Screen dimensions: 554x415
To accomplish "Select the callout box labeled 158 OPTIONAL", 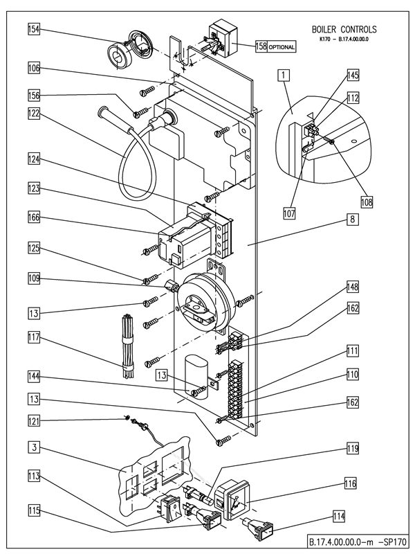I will point(274,47).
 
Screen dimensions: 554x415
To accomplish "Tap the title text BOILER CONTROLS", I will point(343,30).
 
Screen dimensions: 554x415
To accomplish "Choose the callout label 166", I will point(33,217).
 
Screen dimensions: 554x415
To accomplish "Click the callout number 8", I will point(352,218).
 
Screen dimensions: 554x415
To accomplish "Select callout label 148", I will point(353,286).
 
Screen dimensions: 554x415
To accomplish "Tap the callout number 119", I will point(353,448).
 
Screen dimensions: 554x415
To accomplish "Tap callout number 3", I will point(33,448).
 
